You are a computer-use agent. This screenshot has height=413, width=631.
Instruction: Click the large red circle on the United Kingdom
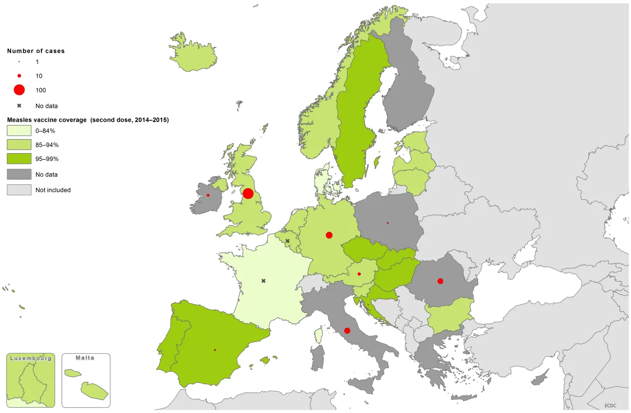pyautogui.click(x=248, y=194)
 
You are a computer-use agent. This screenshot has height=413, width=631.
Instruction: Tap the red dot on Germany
pyautogui.click(x=329, y=235)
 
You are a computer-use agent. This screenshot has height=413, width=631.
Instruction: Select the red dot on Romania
pyautogui.click(x=440, y=281)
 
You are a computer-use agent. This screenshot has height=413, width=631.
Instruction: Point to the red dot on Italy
pyautogui.click(x=347, y=331)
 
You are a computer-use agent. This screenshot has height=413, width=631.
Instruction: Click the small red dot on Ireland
pyautogui.click(x=208, y=195)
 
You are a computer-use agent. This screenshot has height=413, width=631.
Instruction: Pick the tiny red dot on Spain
pyautogui.click(x=215, y=350)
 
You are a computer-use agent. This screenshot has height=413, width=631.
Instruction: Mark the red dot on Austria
pyautogui.click(x=359, y=274)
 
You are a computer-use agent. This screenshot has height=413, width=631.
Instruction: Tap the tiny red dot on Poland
pyautogui.click(x=388, y=223)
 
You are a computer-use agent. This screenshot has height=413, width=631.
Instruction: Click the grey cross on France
pyautogui.click(x=263, y=281)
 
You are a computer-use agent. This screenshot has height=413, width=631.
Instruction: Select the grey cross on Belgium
pyautogui.click(x=288, y=241)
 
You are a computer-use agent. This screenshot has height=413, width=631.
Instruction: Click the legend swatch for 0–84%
pyautogui.click(x=19, y=131)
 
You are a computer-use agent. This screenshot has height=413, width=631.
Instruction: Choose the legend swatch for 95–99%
pyautogui.click(x=19, y=159)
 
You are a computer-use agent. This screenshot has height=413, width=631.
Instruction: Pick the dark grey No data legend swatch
pyautogui.click(x=19, y=174)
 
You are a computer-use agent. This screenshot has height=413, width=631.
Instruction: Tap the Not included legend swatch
pyautogui.click(x=19, y=190)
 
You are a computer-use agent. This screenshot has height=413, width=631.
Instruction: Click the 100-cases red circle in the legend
pyautogui.click(x=19, y=90)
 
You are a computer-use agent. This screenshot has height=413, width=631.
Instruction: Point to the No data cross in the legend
pyautogui.click(x=19, y=106)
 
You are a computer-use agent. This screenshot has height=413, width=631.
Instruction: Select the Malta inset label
pyautogui.click(x=85, y=358)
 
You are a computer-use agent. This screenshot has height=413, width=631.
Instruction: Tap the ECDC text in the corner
pyautogui.click(x=611, y=405)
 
